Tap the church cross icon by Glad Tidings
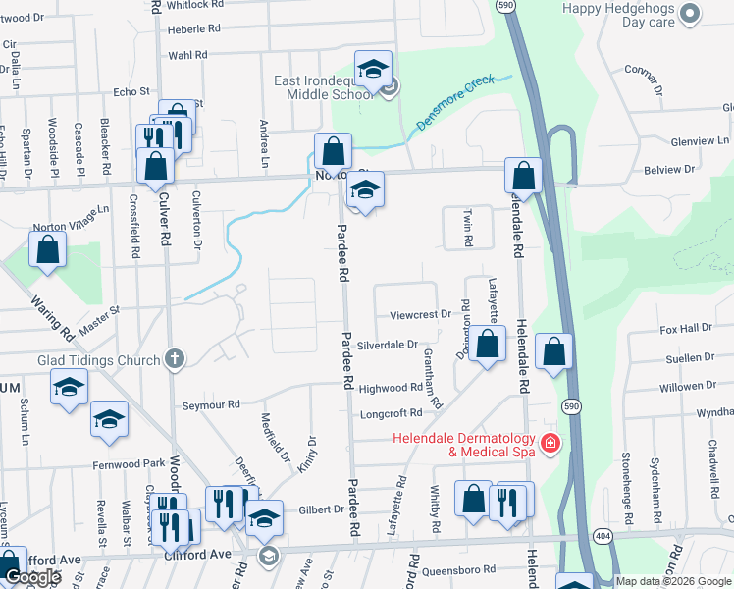click(175, 360)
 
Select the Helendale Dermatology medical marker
click(550, 444)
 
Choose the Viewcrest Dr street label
click(419, 315)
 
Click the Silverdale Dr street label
click(388, 346)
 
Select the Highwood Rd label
click(390, 389)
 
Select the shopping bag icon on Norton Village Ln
click(47, 250)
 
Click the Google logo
click(33, 577)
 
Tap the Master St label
click(99, 317)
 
